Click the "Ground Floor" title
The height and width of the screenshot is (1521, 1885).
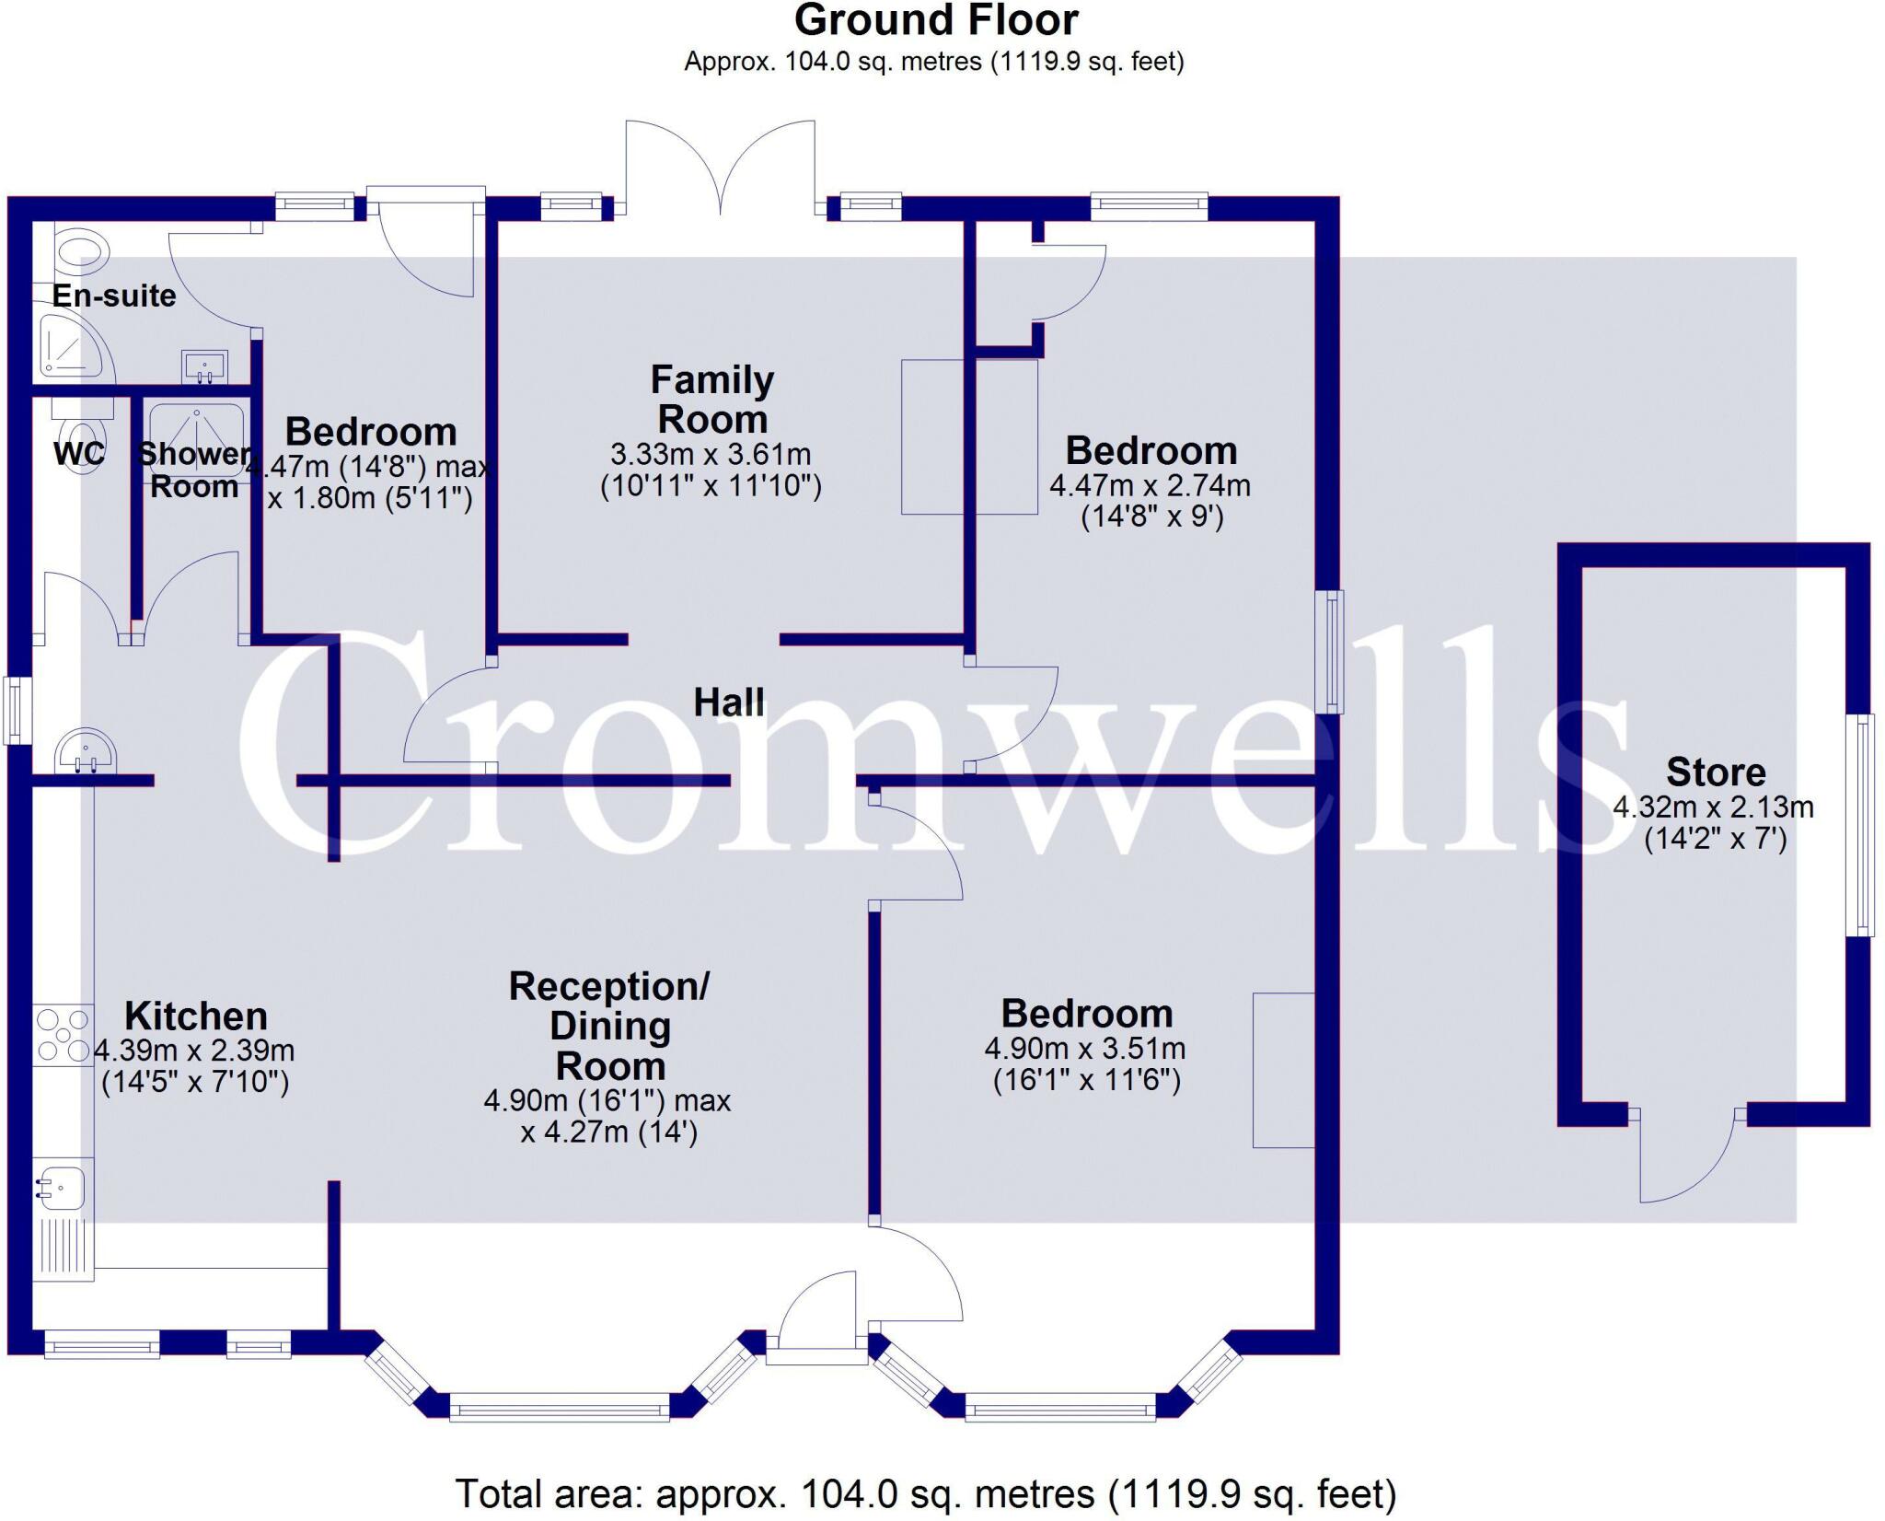coord(935,20)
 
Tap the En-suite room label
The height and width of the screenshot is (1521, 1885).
coord(114,296)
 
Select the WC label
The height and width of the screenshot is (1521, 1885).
coord(78,453)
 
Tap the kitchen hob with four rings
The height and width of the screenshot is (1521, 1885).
coord(63,1035)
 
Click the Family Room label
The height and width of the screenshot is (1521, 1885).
coord(712,400)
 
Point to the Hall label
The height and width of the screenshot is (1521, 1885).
coord(728,702)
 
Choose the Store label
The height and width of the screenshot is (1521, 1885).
coord(1716,772)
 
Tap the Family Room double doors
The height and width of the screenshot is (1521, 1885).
coord(721,166)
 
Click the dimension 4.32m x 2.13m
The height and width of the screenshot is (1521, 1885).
coord(1713,807)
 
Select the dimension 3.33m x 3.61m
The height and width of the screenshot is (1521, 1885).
coord(711,454)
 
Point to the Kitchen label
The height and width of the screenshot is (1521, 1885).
coord(196,1016)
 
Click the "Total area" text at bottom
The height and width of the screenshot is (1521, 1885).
coord(926,1493)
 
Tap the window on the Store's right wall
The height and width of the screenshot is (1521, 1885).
coord(1860,825)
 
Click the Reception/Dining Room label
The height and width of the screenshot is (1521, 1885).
coord(609,1026)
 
